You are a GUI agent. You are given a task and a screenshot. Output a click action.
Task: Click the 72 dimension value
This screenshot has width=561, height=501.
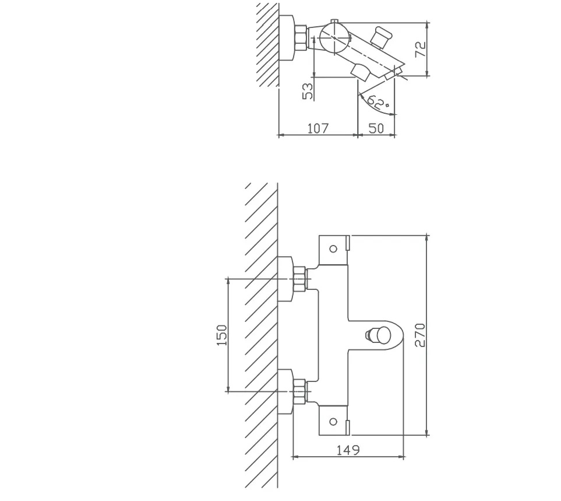coord(421,49)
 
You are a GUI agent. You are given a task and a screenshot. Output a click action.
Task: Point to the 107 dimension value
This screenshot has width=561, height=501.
coord(318,128)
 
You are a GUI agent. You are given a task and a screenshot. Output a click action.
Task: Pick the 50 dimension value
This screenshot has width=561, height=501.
coord(376,128)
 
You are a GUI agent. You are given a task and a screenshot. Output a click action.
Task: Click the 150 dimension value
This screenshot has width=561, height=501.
coord(222,335)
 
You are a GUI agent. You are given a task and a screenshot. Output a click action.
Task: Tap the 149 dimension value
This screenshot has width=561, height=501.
coord(348,450)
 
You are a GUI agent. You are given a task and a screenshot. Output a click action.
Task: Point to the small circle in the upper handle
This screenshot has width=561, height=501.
coord(333,248)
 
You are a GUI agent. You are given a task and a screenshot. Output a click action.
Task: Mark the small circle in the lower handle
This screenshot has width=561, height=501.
coord(333,422)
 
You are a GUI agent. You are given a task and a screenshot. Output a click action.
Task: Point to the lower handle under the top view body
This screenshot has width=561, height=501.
coord(361,72)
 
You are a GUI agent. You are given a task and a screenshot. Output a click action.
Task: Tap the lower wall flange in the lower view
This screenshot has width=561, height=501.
coord(285,391)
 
